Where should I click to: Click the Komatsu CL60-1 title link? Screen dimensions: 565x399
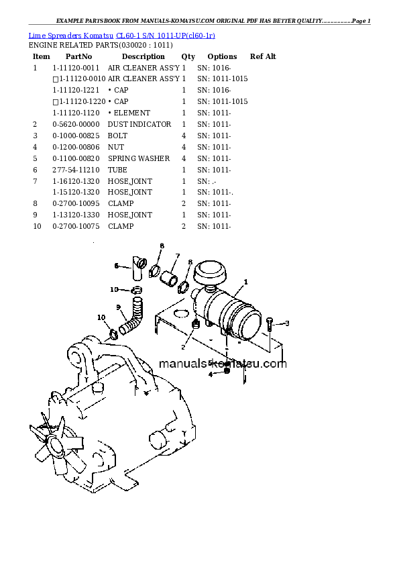click(122, 34)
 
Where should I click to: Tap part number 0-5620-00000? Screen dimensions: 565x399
click(74, 124)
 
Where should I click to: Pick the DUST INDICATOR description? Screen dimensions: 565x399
click(139, 124)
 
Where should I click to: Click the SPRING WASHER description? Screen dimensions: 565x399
click(139, 158)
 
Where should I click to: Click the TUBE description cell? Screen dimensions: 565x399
click(117, 170)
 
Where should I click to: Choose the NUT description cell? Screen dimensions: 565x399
click(116, 147)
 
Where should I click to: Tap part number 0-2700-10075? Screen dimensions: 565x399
click(74, 226)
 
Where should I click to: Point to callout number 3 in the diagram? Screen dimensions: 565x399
click(287, 323)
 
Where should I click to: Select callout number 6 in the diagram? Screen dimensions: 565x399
click(115, 266)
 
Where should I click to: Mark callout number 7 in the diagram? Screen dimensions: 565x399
click(177, 256)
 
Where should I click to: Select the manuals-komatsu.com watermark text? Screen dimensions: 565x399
click(223, 364)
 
